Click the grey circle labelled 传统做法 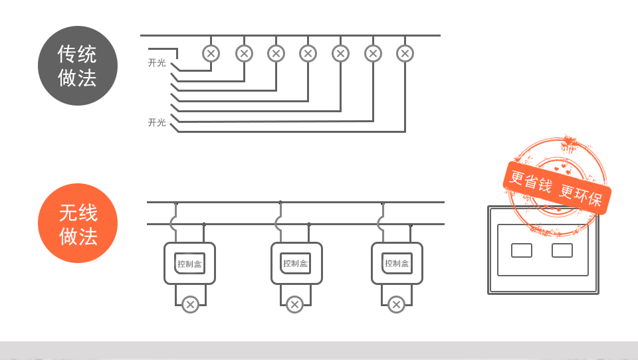78,66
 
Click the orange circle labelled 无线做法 78,223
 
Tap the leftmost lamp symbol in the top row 211,53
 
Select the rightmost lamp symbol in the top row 405,53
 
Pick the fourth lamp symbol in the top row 308,53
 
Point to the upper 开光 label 157,63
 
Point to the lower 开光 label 157,122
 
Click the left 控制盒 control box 189,263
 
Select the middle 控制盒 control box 296,263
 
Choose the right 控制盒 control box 397,263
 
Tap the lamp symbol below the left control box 190,305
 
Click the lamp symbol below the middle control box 294,305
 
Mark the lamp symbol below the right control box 396,305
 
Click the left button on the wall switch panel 522,250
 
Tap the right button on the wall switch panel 562,250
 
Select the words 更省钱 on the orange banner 530,180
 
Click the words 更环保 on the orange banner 580,195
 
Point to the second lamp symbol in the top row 244,53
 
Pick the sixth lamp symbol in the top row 373,53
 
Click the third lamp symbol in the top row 276,53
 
